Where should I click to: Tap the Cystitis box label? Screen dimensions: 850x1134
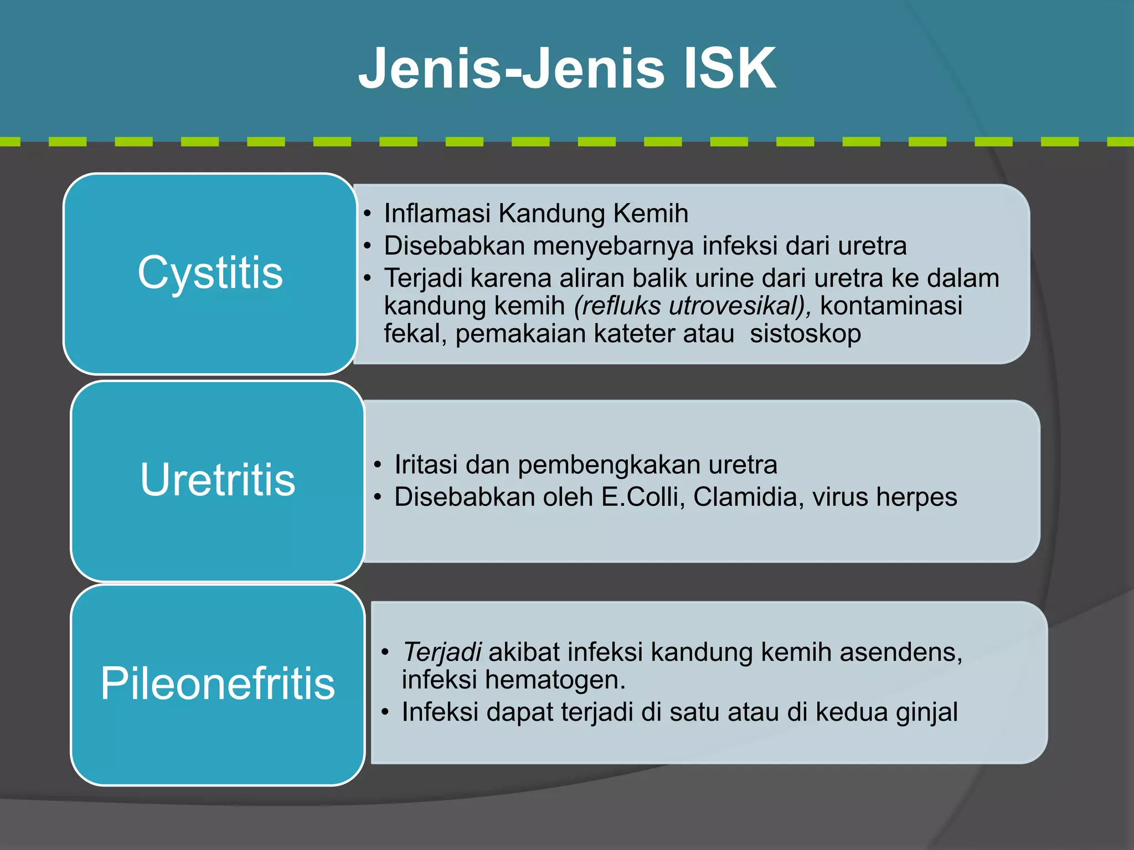[210, 272]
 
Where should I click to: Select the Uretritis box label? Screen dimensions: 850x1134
[218, 479]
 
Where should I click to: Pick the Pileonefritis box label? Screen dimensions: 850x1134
[218, 683]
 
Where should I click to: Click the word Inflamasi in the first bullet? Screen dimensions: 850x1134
[437, 214]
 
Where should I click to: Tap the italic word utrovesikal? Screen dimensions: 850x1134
[736, 306]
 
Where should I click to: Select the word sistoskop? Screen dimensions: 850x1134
[805, 334]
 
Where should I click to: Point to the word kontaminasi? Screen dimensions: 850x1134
[891, 306]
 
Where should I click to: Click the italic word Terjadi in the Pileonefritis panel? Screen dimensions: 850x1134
[441, 652]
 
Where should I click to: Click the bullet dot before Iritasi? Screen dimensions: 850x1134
[377, 465]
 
